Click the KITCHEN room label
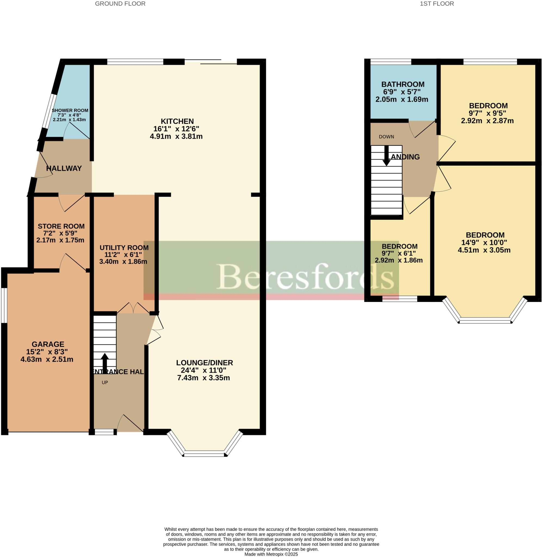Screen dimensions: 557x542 177,121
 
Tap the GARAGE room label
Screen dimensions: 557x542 48,344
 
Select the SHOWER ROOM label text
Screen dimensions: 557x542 70,110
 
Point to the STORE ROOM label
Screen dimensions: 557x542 61,226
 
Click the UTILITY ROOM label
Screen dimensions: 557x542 124,247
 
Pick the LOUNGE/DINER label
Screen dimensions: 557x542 204,363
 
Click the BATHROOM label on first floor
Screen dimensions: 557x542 403,84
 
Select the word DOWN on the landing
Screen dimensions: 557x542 386,137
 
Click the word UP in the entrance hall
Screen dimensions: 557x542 105,382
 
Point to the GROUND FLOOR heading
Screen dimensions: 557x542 120,4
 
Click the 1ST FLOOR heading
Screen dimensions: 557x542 437,4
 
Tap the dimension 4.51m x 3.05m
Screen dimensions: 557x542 484,250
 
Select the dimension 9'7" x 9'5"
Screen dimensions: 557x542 487,113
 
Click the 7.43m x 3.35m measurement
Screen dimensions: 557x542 203,377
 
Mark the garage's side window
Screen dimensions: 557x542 4,305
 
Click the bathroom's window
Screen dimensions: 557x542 391,61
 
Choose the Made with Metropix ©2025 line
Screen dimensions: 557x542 271,554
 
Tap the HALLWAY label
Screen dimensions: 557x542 64,168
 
